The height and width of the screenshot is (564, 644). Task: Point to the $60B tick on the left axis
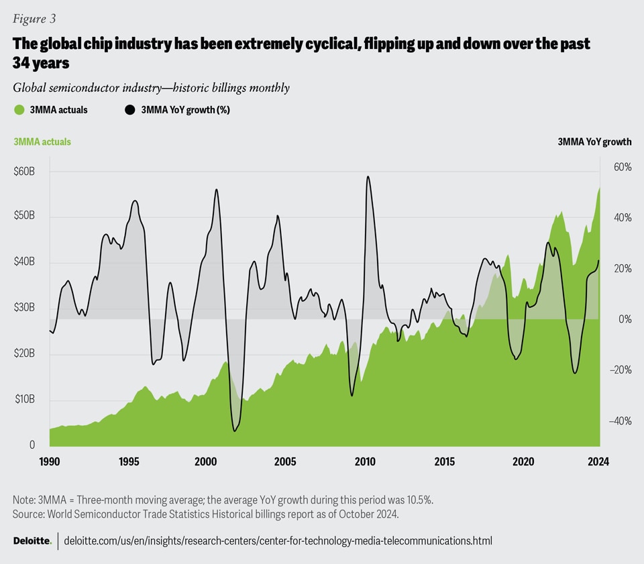click(x=24, y=172)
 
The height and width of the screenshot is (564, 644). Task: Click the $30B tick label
click(x=24, y=308)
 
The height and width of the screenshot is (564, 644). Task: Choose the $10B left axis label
click(x=24, y=400)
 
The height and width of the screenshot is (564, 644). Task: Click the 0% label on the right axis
click(x=624, y=319)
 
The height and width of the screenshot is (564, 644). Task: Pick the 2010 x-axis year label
click(x=365, y=461)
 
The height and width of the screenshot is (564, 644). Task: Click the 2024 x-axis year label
click(x=598, y=461)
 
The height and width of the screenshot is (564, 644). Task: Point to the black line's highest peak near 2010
click(x=368, y=176)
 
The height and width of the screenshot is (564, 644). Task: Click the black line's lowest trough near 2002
click(x=234, y=431)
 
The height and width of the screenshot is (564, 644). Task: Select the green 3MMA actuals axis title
click(x=42, y=142)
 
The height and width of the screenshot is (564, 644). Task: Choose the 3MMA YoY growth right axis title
click(x=594, y=142)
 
